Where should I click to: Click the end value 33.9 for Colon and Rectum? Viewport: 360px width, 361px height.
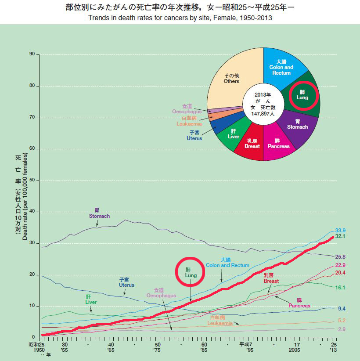point(341,231)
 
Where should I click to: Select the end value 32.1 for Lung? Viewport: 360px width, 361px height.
point(341,236)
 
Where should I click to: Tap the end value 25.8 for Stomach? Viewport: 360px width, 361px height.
point(341,256)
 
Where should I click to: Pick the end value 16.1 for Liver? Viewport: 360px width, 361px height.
point(341,288)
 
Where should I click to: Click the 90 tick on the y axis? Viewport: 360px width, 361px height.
point(32,54)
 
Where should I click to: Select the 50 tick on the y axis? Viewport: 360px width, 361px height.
point(32,180)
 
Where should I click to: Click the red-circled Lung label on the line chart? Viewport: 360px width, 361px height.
point(191,272)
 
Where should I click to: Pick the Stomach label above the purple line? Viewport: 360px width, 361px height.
point(99,214)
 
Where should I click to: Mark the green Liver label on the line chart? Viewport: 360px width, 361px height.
point(91,300)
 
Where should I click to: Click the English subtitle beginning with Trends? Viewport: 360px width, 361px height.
point(180,18)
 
